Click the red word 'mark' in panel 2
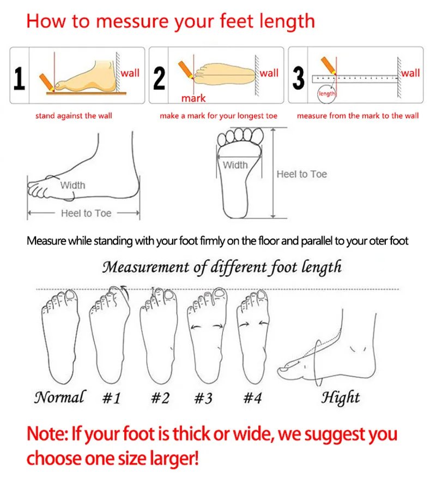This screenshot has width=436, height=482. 193,98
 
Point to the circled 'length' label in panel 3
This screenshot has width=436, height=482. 327,94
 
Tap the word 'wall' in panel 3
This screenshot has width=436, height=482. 410,73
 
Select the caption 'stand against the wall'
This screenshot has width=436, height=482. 74,116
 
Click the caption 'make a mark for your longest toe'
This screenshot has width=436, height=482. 219,116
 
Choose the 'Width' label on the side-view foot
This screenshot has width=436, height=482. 72,185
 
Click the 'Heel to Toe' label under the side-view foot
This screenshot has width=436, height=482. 86,213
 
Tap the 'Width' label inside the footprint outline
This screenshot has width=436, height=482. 235,165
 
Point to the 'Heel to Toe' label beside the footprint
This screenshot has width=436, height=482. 301,174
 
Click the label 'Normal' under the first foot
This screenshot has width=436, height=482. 59,397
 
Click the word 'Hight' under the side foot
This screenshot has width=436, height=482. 341,397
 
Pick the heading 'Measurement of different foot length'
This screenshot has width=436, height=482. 222,267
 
